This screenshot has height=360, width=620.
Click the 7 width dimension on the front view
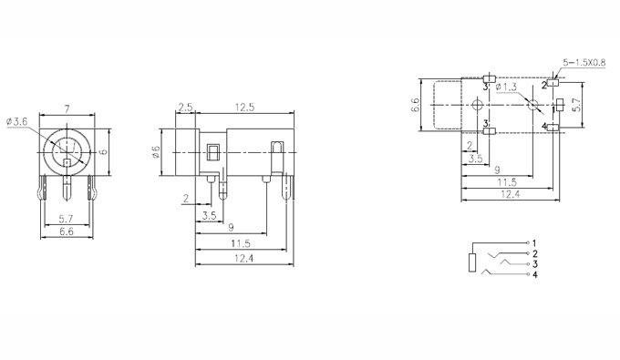point(67,109)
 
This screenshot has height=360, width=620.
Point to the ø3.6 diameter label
point(17,122)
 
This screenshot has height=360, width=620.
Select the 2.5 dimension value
point(185,108)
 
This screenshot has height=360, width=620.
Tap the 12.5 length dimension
point(244,108)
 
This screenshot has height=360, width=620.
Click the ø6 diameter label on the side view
point(156,151)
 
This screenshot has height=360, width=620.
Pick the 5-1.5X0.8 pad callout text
point(584,63)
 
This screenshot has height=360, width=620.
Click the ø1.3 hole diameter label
point(506,87)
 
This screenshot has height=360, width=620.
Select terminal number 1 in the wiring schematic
point(534,243)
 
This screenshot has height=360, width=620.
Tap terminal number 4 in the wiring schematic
point(535,274)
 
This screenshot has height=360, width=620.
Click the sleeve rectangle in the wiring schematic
point(472,262)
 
